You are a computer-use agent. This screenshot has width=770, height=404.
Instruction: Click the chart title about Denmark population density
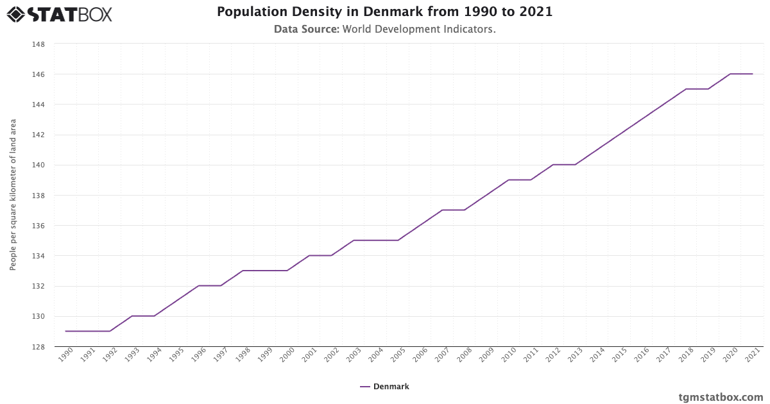point(384,12)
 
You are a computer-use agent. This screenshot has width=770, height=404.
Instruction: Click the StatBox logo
point(60,13)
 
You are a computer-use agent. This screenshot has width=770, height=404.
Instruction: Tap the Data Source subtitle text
point(384,29)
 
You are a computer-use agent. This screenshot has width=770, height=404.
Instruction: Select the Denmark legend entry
point(384,387)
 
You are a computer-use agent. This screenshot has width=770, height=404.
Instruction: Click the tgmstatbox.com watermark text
point(721,397)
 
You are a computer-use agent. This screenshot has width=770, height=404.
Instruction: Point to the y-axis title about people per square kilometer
point(13,194)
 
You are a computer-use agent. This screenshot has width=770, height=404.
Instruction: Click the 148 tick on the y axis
point(38,44)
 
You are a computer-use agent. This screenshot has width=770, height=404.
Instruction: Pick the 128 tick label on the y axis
point(38,347)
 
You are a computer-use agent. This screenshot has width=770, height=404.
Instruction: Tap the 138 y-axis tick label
point(38,196)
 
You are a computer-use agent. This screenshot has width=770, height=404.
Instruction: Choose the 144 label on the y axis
point(38,105)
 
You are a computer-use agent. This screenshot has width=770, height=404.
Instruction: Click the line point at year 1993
point(132,316)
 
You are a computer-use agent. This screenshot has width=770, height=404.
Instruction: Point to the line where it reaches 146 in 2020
point(730,74)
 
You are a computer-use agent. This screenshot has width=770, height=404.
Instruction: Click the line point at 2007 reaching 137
point(442,210)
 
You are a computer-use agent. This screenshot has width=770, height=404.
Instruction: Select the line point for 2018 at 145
point(686,89)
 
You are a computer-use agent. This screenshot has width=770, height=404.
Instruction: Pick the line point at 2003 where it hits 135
point(354,240)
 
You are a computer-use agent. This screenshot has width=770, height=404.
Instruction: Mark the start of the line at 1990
point(65,332)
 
